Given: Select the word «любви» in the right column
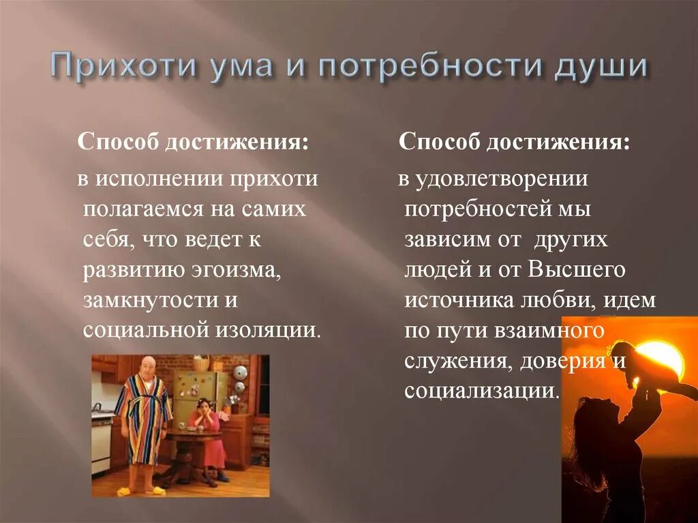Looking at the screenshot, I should tap(574, 299).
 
